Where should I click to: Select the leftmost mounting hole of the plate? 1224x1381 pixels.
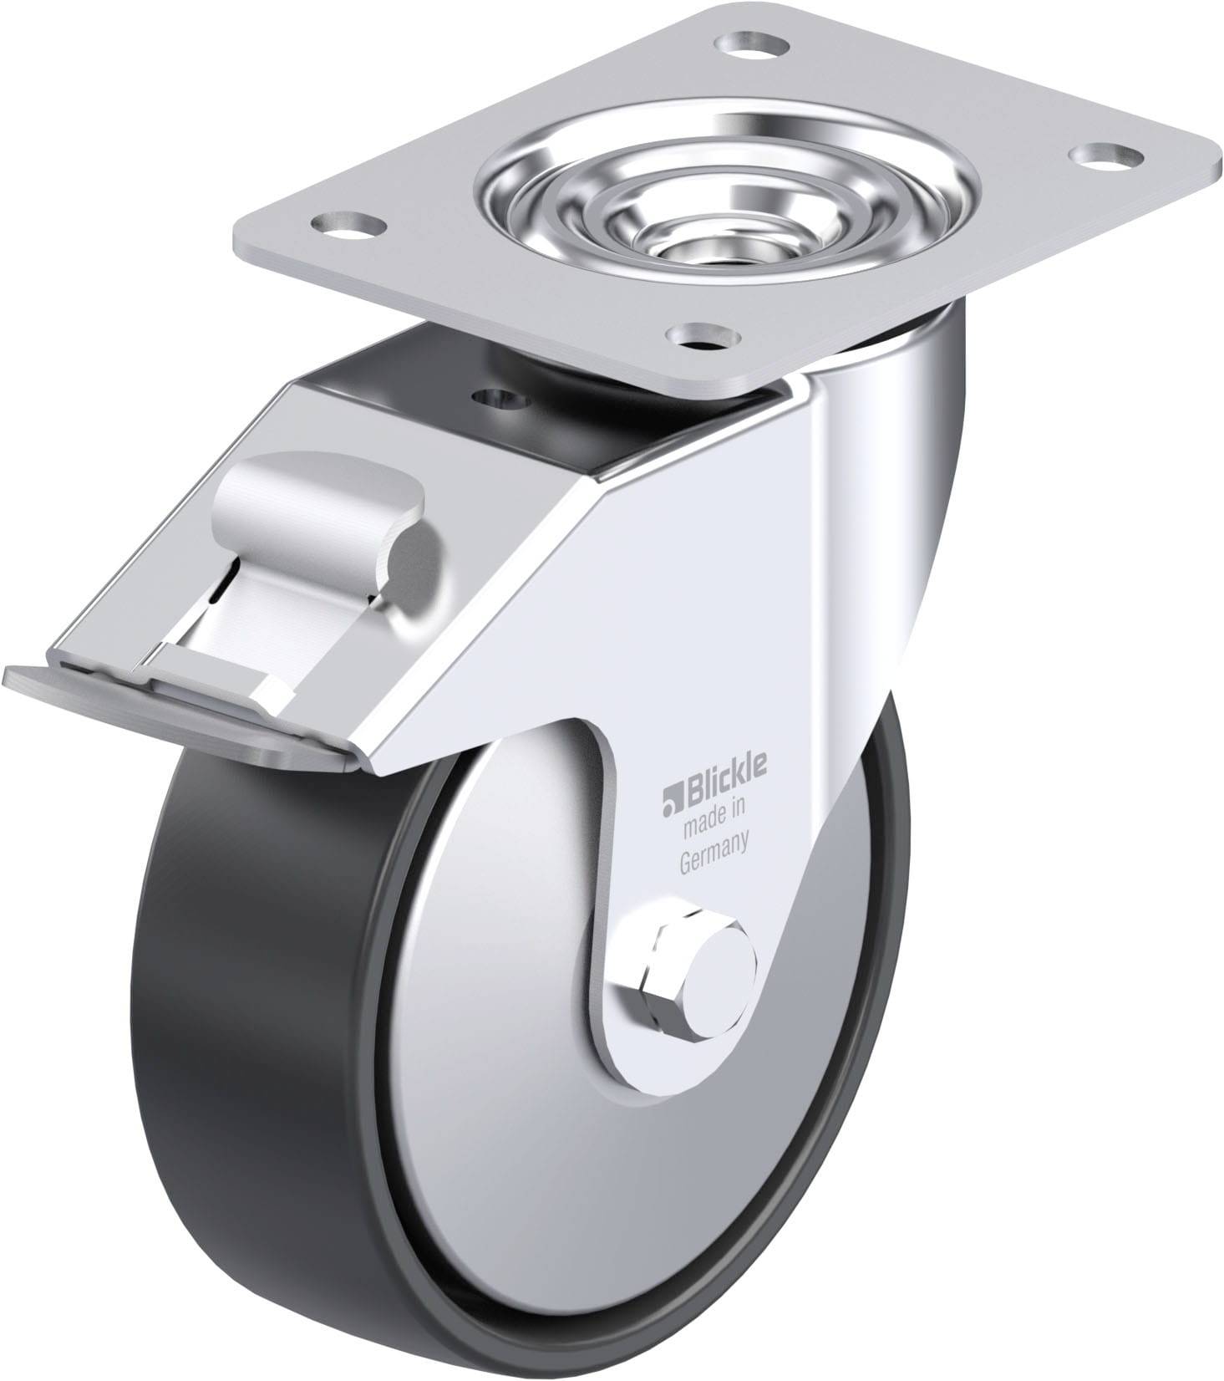(x=344, y=223)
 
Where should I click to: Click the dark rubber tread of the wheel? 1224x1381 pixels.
(x=251, y=1045)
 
